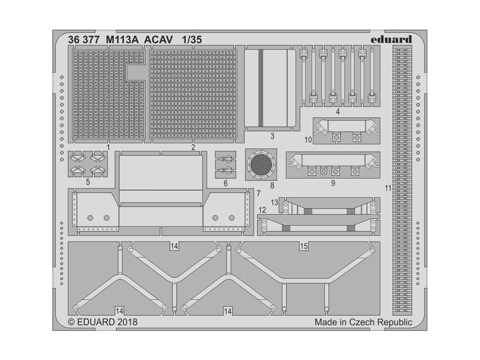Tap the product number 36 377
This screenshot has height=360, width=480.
[83, 40]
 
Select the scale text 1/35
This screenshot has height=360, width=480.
[192, 40]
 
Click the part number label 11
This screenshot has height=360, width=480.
[387, 188]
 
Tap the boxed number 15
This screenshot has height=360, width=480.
[304, 246]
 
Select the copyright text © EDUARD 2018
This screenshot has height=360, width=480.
[103, 322]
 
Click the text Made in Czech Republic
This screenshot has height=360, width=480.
[363, 322]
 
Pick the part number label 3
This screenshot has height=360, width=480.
[272, 136]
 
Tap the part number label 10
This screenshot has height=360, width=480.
[308, 139]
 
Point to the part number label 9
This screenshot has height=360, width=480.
[333, 183]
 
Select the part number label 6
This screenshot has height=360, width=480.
[225, 183]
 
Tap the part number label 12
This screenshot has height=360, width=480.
[263, 209]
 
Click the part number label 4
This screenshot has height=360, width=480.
[337, 112]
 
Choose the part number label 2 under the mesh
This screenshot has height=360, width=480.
[193, 147]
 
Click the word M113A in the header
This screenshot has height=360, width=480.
[121, 40]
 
